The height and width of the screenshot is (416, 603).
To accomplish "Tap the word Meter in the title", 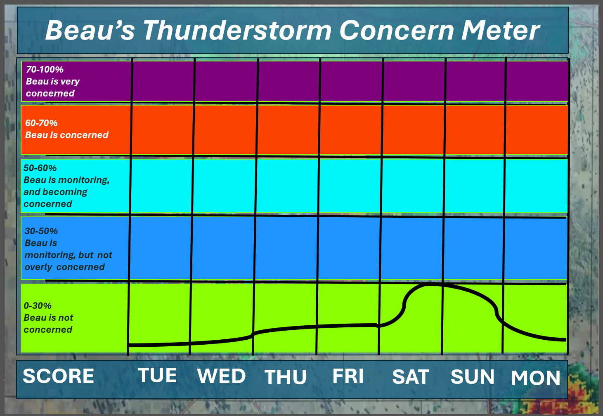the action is pos(500,31).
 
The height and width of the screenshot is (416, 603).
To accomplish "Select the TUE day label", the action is pos(158,375).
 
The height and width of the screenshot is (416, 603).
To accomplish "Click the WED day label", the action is pos(221,376).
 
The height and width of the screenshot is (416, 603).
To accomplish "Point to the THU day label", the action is pos(285,377).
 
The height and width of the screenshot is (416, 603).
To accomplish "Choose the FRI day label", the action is pos(348,376).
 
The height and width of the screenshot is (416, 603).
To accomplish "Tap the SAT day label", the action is pos(411,377).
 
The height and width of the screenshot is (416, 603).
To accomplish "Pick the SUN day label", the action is pos(473,377).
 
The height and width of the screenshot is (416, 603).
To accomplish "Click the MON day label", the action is pos(536,378).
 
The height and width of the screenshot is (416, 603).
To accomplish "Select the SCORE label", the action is pos(59,376).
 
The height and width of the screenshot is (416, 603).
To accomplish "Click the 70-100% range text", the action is pos(45,69).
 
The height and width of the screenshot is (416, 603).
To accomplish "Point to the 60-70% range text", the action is pos(41,123).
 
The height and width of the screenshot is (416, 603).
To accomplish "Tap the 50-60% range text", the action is pos(40,168).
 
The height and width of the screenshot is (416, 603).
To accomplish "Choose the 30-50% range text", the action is pos(41,231).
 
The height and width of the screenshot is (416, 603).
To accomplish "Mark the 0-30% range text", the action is pos(38,306).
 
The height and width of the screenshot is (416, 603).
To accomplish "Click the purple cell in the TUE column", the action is pos(163,82).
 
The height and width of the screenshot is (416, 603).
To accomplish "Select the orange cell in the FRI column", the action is pos(351,129).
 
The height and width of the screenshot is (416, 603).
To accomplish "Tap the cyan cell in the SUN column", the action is pos(474,186).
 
